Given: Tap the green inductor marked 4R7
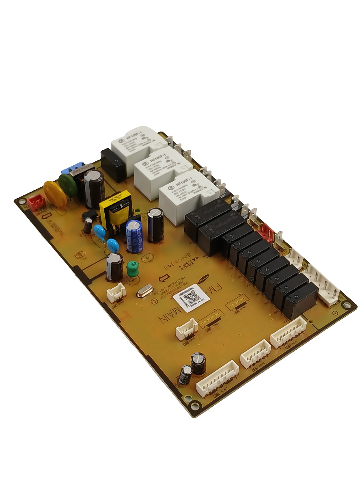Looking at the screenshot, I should coord(131,268).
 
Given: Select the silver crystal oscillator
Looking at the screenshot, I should coord(144,292).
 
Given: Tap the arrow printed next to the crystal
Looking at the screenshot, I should coord(164,279).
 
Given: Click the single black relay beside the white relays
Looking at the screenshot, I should coord(114,165).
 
